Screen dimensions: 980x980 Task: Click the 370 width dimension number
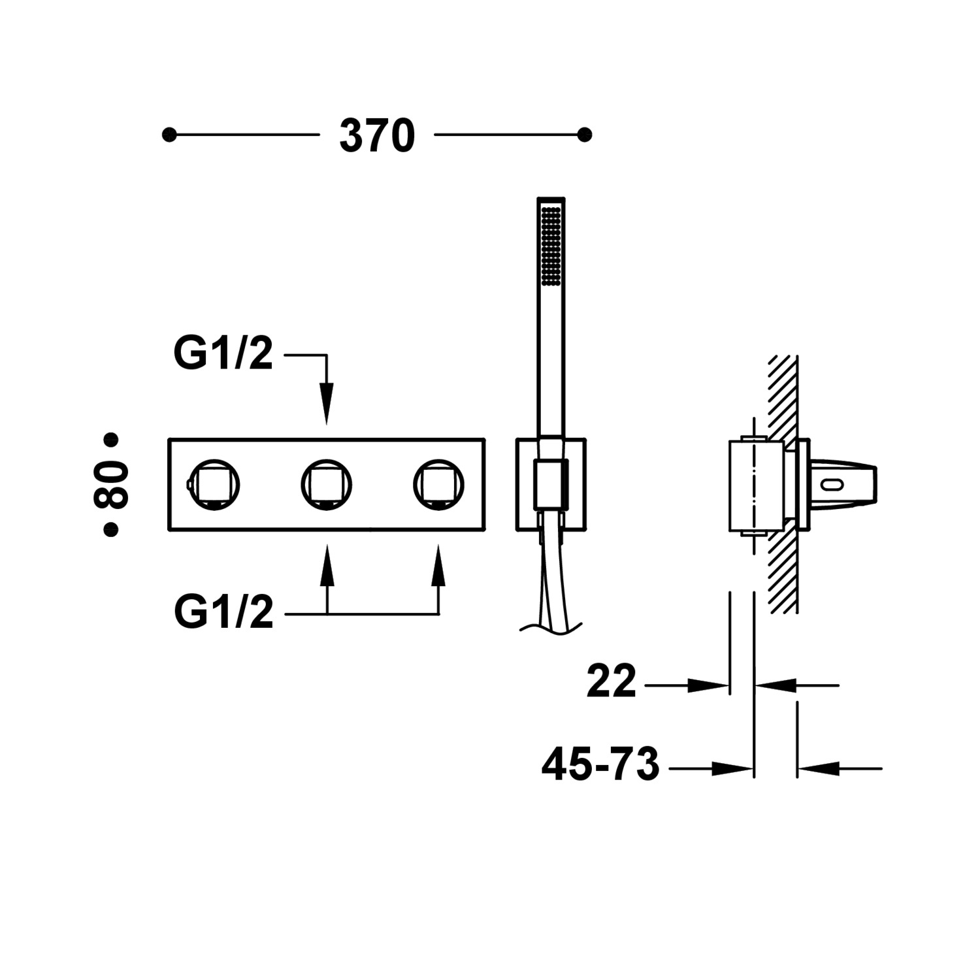377,136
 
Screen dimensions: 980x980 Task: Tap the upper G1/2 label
223,354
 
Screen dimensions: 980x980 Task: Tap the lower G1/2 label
223,613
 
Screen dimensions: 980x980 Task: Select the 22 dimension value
611,681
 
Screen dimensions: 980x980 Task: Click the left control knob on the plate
214,485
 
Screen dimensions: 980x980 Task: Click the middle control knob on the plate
327,485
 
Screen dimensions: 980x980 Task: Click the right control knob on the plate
438,485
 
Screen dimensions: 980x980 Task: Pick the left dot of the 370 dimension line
169,135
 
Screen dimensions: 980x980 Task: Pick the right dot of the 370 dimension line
585,135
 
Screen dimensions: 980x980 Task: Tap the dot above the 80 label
111,440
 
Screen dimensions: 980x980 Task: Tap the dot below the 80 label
111,530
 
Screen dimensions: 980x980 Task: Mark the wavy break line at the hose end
550,627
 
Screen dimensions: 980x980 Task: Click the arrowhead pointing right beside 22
708,685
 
